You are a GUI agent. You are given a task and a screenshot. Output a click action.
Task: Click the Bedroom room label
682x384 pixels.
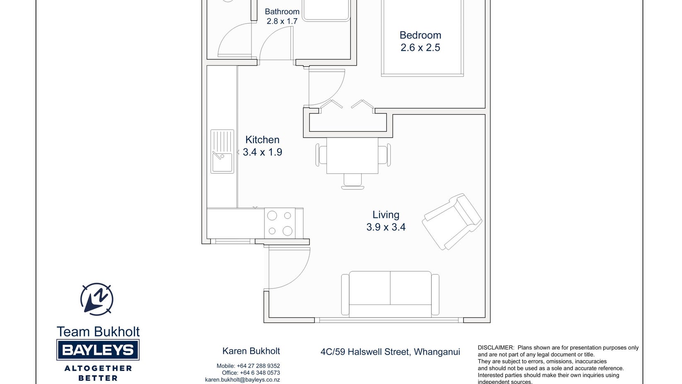pos(420,35)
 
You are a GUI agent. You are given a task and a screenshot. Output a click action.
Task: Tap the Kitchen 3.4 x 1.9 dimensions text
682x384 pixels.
pos(262,152)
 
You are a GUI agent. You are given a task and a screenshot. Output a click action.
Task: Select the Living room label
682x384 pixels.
pos(386,214)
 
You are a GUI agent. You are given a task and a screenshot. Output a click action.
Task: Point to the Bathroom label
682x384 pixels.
pos(282,12)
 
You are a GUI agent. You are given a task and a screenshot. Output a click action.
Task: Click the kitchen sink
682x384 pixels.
pos(222,151)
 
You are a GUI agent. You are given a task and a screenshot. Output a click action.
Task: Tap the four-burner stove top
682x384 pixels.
pos(280,224)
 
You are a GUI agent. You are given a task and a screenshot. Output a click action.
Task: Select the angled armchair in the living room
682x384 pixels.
pos(452,221)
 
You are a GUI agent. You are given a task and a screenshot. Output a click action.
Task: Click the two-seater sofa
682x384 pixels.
pos(390,294)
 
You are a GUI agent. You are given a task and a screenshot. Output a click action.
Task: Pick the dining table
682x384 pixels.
pos(352,156)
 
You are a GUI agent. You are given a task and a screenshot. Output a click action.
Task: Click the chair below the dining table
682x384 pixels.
pos(353,181)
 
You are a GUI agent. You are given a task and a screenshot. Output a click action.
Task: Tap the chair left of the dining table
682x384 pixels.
pos(321,155)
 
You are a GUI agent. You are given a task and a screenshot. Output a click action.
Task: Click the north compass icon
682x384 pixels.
pos(97,299)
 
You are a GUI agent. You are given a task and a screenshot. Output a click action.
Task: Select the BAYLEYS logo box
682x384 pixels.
pos(98,350)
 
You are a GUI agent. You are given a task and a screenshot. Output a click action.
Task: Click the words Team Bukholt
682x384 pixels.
pos(98,332)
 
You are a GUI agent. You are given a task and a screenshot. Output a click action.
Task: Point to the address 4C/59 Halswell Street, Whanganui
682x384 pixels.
pos(390,352)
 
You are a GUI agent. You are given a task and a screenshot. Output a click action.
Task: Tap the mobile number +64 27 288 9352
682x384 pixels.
pos(258,366)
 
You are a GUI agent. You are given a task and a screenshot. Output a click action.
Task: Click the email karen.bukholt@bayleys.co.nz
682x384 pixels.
pos(242,380)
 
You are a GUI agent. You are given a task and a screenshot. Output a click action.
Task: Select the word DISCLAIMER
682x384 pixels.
pos(496,348)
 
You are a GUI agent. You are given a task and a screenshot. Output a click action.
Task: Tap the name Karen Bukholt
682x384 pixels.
pos(251,351)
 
